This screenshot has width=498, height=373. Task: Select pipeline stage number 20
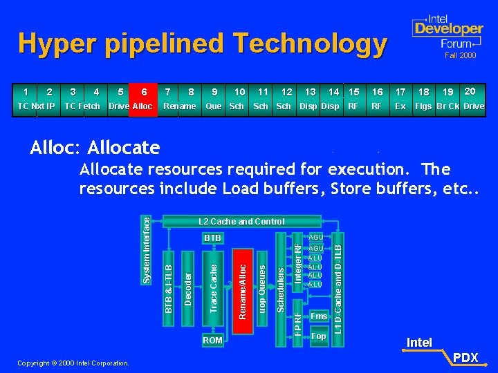470,91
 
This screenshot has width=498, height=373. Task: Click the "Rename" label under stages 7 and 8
179,106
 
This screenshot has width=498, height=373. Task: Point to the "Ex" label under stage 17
400,106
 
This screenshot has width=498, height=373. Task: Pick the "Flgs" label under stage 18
423,106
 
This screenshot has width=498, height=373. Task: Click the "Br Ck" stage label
448,106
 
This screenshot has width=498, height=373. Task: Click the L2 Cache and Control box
241,221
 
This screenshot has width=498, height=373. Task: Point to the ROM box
213,340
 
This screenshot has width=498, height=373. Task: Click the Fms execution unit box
318,316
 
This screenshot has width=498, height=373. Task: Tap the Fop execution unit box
318,336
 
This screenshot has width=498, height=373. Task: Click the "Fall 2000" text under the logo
460,55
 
